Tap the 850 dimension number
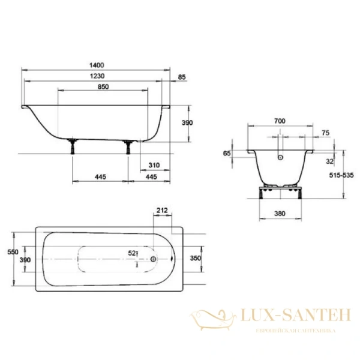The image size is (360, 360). tap(103, 87)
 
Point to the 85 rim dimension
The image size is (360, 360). tap(182, 76)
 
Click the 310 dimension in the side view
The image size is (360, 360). tap(154, 164)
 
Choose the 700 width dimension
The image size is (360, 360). tap(280, 121)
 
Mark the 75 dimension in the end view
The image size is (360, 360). tap(325, 133)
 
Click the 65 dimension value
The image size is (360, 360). tap(227, 154)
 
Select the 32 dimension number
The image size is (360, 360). tap(329, 161)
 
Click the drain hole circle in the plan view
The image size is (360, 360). tap(154, 259)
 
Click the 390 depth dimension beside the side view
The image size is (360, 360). tap(187, 122)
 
